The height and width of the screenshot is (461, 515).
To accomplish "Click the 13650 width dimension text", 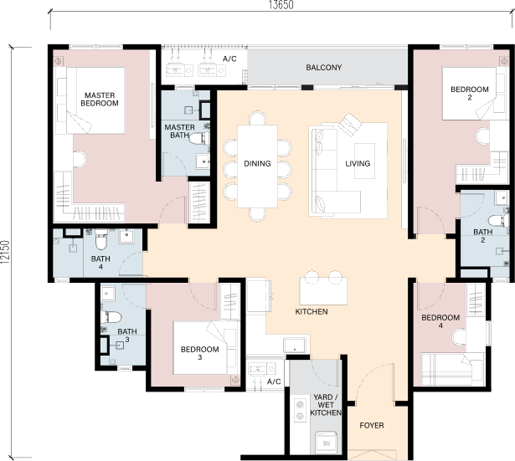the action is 281,4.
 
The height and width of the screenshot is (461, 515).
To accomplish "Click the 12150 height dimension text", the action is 5,253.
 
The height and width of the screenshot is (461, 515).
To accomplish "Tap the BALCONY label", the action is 324,68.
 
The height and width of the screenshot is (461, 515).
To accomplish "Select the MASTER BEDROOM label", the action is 100,99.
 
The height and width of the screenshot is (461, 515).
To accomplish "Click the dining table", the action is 258,166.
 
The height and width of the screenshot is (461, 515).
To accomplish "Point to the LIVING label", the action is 358,163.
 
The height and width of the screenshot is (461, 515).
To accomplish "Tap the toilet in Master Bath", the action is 199,139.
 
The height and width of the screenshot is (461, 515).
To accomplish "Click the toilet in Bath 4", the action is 101,239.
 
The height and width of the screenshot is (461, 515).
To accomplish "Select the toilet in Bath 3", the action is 111,317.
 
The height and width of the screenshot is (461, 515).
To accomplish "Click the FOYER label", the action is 372,426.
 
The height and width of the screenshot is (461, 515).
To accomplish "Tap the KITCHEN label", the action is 312,312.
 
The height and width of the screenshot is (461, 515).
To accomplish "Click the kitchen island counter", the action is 323,291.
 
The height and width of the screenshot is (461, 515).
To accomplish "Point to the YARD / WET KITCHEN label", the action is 326,405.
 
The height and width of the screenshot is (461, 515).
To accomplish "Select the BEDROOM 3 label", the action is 199,353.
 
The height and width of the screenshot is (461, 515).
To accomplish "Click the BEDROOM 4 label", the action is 440,321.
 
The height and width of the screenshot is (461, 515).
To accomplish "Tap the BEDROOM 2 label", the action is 470,93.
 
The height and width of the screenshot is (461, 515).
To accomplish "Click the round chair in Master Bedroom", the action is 80,159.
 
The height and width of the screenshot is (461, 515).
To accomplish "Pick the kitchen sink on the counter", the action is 295,346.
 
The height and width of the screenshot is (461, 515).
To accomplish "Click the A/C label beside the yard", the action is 274,382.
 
